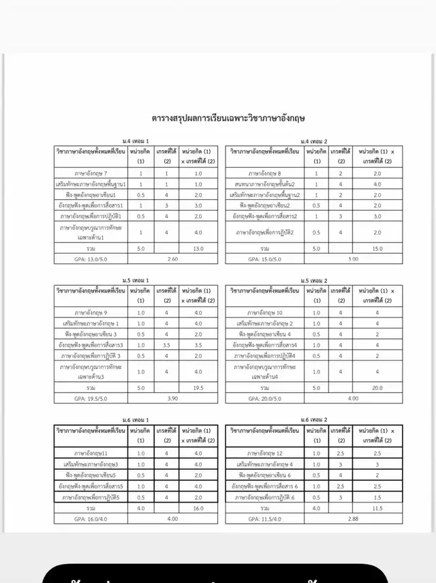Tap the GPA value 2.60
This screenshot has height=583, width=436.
pos(172,259)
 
